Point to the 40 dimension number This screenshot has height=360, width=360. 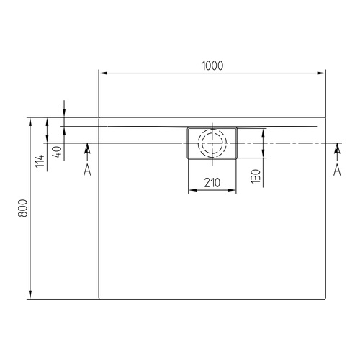(56, 151)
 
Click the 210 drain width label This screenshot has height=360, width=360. (212, 182)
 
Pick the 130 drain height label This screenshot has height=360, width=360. (256, 174)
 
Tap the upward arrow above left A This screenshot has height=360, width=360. (87, 148)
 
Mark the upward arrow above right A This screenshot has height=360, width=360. (336, 148)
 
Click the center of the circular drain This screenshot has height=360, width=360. (212, 143)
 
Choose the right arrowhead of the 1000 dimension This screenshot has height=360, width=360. (321, 73)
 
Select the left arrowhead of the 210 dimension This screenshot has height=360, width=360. (191, 191)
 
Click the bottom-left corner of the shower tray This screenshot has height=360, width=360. (98, 299)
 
